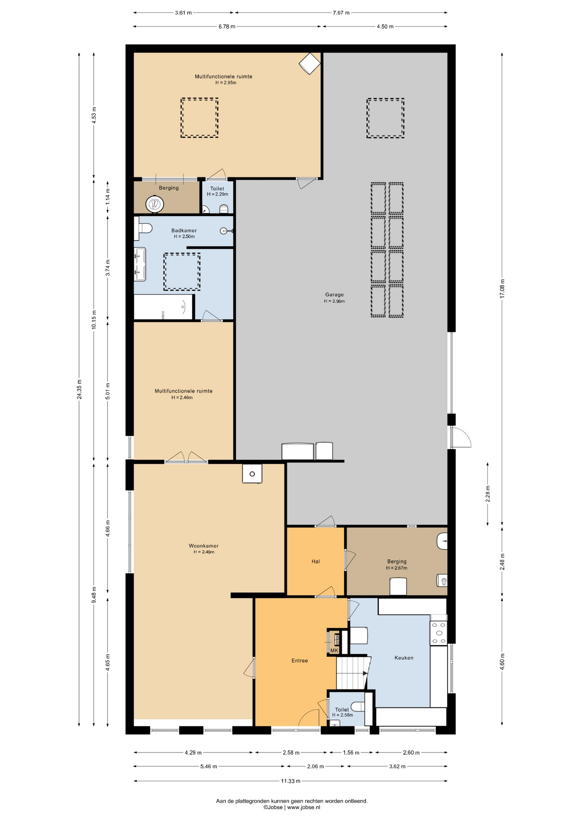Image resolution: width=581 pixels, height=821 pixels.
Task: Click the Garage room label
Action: point(334,295)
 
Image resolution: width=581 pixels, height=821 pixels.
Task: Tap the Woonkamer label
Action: point(204,546)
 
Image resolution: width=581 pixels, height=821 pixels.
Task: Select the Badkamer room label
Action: point(184,230)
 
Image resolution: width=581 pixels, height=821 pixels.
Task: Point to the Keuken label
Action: point(404,658)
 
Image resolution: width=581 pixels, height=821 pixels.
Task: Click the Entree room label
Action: point(299,661)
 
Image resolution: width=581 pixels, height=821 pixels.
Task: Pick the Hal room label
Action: point(316,561)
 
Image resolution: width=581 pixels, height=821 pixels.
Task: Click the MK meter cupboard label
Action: point(334,650)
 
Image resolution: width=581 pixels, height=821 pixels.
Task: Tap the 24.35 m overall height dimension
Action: point(79,389)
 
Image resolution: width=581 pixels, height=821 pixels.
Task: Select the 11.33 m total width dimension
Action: point(290,781)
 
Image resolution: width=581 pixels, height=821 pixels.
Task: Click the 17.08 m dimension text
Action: point(502,289)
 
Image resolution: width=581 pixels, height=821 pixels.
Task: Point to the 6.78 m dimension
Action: point(227,27)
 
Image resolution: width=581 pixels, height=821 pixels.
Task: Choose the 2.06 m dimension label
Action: point(315,766)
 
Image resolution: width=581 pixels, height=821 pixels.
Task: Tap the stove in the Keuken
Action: point(439,633)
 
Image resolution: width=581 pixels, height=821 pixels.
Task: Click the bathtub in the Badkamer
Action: point(163,307)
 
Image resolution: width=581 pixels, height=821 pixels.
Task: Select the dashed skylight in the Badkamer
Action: point(182,272)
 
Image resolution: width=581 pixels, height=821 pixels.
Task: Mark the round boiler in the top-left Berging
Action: point(154,204)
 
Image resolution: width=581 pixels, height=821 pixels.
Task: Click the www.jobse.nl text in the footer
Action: point(303,807)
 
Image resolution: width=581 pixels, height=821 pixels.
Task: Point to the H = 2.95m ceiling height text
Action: point(225,83)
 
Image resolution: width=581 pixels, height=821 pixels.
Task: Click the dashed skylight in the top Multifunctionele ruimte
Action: point(199,118)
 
